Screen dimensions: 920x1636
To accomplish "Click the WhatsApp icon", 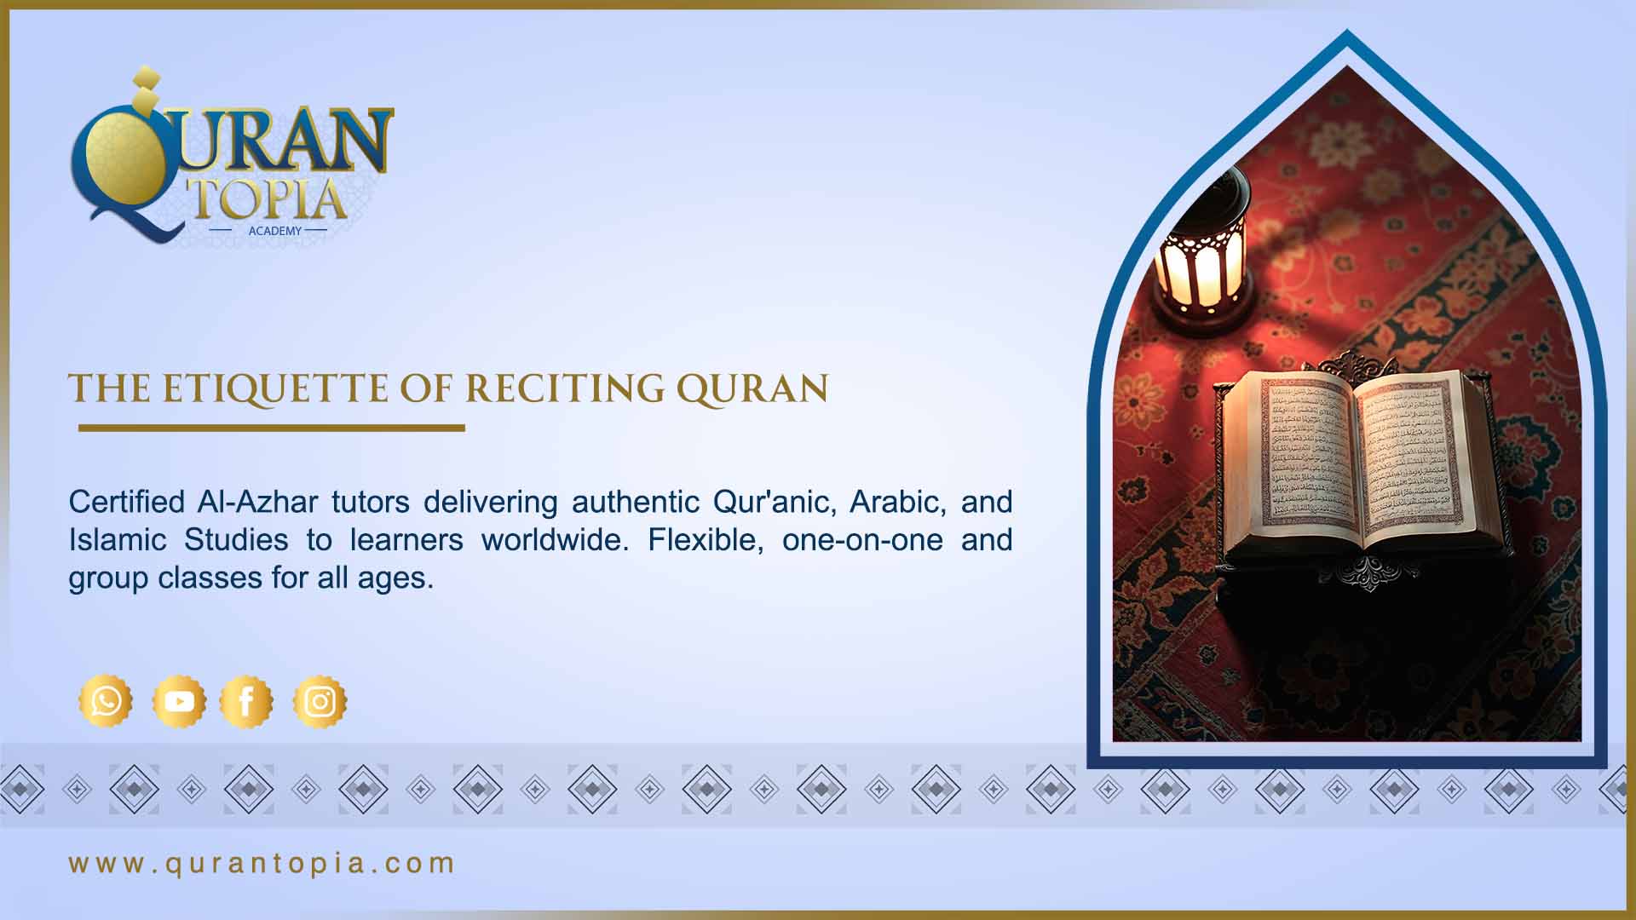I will point(106,701).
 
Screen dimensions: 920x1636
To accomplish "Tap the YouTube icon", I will point(179,701).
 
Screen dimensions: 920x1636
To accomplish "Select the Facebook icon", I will point(246,701).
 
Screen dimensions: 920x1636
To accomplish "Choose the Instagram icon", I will point(320,701).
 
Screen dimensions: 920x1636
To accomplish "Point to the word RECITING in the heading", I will point(564,388).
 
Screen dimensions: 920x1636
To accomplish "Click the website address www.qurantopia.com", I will point(262,863).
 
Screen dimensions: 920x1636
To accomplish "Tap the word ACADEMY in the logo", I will point(274,231).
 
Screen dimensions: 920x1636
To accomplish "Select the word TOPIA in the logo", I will point(268,199).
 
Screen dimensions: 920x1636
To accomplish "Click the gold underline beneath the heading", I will point(271,428).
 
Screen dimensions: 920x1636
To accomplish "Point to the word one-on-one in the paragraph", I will point(861,540).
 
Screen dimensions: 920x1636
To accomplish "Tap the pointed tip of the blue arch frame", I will point(1346,34).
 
